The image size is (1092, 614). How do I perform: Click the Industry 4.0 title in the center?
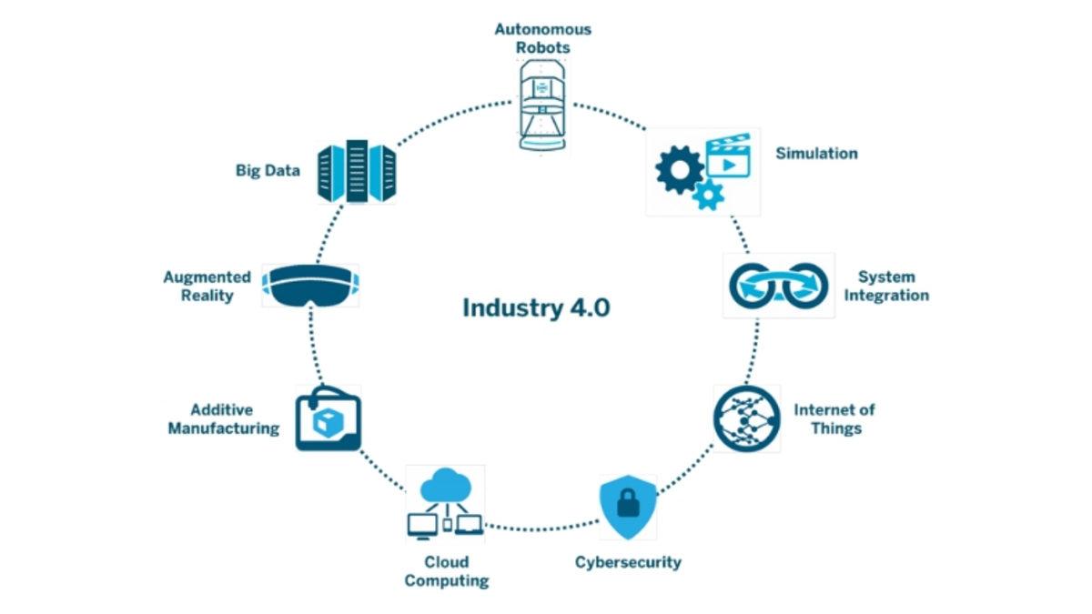pyautogui.click(x=536, y=307)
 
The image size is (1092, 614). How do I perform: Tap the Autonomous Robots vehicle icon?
pyautogui.click(x=543, y=105)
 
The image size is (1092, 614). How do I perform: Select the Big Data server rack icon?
pyautogui.click(x=357, y=172)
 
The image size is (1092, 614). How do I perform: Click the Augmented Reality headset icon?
pyautogui.click(x=309, y=285)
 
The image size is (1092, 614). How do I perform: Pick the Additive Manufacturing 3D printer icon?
pyautogui.click(x=328, y=419)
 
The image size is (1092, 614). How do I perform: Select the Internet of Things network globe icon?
pyautogui.click(x=746, y=418)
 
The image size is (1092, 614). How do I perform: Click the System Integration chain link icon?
pyautogui.click(x=778, y=285)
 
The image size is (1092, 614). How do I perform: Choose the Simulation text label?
pyautogui.click(x=816, y=154)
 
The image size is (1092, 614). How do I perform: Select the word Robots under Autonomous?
pyautogui.click(x=542, y=46)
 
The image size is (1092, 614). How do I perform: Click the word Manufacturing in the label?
pyautogui.click(x=224, y=428)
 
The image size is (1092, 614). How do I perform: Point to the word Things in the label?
pyautogui.click(x=835, y=428)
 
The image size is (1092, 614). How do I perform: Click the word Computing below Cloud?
pyautogui.click(x=447, y=581)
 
